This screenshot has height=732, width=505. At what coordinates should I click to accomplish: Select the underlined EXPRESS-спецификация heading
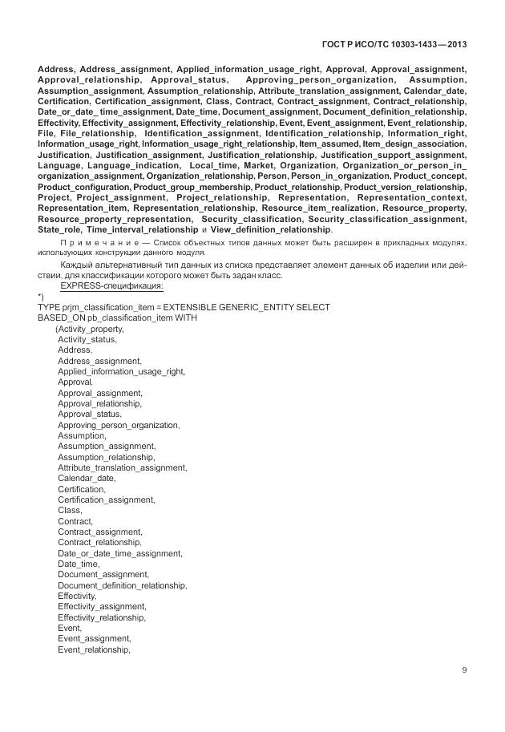pos(111,286)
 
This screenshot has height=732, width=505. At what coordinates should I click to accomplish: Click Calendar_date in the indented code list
pos(81,478)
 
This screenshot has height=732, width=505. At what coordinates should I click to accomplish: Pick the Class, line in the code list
pos(70,510)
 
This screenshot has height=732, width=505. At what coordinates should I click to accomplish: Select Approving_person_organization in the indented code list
pos(119,425)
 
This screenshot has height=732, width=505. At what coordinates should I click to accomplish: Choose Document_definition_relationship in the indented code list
pos(122,585)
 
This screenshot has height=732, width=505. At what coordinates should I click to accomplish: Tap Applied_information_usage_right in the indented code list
pos(121,371)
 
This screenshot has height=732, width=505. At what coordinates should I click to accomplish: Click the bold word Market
pos(259,164)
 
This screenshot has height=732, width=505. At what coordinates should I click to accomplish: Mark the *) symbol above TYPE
pos(42,297)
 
